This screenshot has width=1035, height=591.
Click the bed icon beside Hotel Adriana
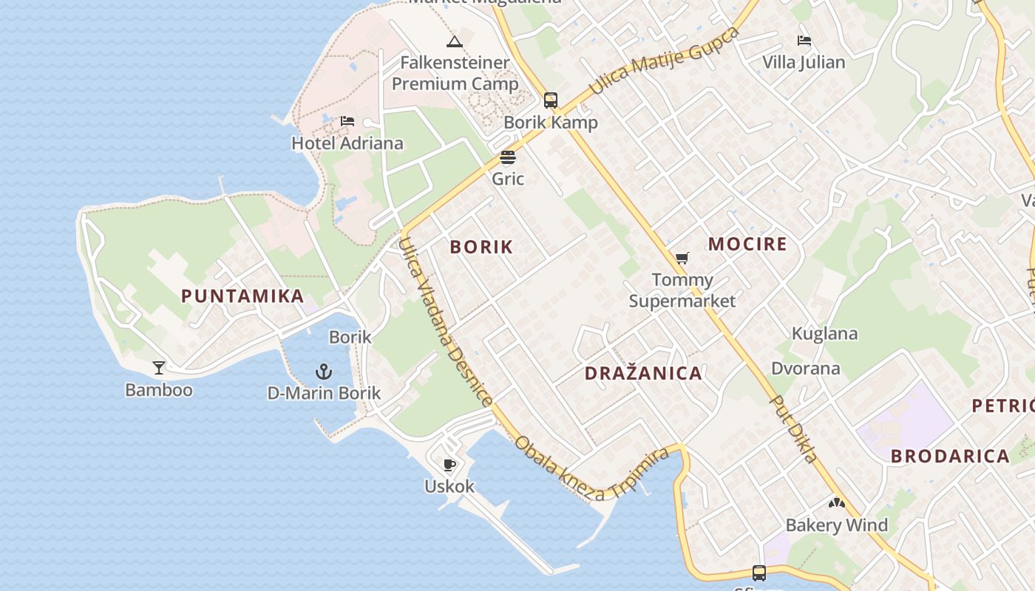[x=347, y=121]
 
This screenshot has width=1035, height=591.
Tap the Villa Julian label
[x=804, y=62]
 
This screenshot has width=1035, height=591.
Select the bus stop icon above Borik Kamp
[x=551, y=100]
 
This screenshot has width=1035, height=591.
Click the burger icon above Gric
[x=508, y=157]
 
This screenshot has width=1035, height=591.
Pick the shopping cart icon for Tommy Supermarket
[x=682, y=258]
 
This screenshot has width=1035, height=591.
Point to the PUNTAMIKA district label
[x=242, y=296]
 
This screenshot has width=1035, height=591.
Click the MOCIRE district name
[x=747, y=244]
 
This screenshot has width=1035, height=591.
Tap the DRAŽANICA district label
[x=643, y=373]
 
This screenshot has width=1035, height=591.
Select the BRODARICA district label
[x=950, y=456]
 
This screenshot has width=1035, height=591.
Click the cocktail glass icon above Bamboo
[x=159, y=367]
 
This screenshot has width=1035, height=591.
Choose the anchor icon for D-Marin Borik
[x=324, y=371]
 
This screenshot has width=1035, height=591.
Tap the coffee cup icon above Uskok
[x=449, y=465]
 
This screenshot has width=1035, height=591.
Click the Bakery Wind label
[x=836, y=525]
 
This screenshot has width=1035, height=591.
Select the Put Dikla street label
[x=794, y=428]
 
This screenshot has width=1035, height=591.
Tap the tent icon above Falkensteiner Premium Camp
[x=455, y=41]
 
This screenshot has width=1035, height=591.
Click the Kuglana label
[x=824, y=333]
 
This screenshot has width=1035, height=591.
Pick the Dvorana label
[x=805, y=368]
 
